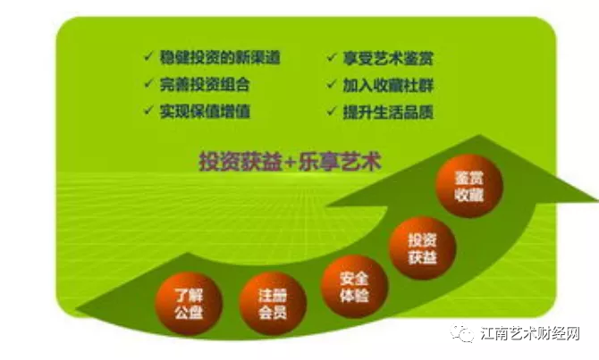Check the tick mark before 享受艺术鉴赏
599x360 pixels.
[x=330, y=59]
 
